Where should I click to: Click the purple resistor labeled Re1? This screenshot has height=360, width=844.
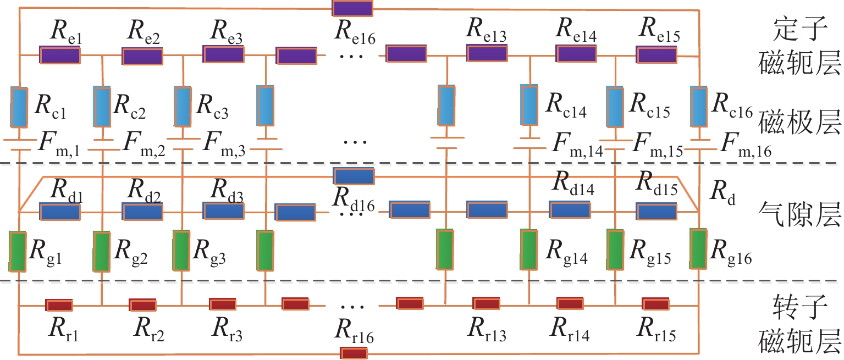point(59,55)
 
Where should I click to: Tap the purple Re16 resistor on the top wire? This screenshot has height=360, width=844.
point(352,8)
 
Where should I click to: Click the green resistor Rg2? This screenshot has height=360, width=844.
point(101,252)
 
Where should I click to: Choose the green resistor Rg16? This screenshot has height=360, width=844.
point(699,249)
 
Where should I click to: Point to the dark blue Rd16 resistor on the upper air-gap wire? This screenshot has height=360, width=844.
point(354,176)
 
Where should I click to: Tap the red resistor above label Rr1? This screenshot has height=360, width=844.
point(59,305)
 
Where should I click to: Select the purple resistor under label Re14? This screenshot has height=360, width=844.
point(576,54)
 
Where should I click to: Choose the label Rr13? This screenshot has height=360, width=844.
point(487,330)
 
